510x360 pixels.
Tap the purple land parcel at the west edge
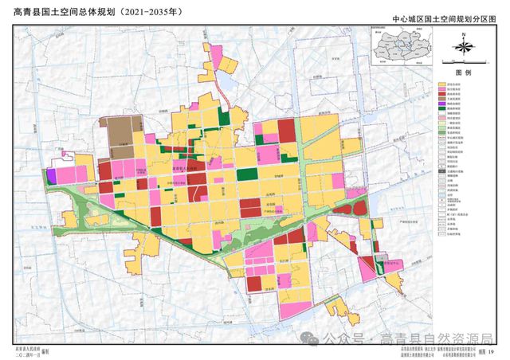click(52, 176)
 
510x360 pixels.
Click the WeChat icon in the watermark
click(313, 338)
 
